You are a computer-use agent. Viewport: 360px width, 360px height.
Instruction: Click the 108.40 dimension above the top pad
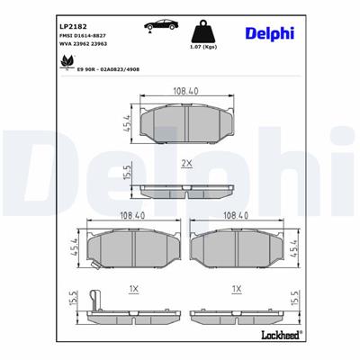[186, 89]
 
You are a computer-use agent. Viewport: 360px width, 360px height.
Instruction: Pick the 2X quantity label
[187, 165]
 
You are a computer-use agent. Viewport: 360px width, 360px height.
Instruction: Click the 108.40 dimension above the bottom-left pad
[132, 216]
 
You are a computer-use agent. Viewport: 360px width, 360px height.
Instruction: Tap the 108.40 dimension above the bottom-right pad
[238, 216]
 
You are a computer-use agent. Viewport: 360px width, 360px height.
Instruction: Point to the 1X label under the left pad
[132, 290]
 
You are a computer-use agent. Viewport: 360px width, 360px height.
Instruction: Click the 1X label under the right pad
[238, 290]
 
